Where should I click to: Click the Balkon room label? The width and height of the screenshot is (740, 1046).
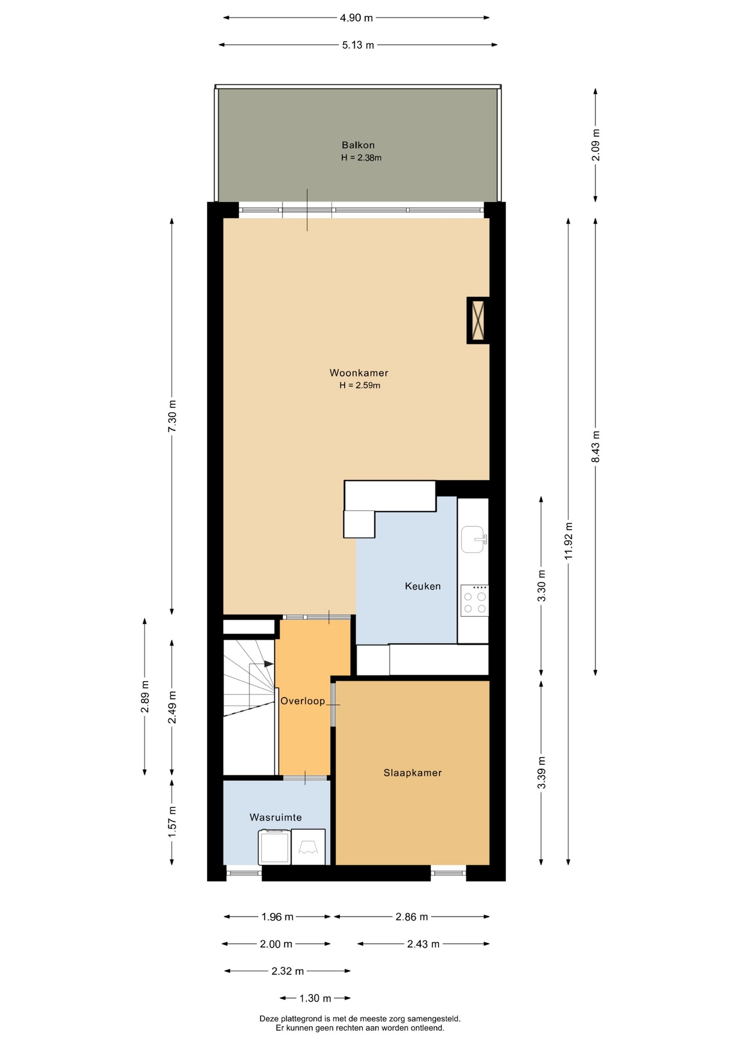(x=358, y=145)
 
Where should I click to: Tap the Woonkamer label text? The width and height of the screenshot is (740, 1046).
(x=359, y=373)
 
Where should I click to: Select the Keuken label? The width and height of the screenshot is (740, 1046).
(x=423, y=586)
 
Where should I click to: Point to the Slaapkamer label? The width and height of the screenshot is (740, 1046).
(x=413, y=773)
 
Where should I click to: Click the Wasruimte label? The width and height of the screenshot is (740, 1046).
(x=276, y=817)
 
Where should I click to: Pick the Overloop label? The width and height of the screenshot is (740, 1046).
(x=302, y=701)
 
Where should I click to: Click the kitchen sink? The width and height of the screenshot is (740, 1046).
(x=474, y=539)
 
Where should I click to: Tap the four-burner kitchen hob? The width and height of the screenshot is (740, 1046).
(x=475, y=601)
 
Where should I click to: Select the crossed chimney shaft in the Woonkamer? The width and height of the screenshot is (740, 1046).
(x=478, y=320)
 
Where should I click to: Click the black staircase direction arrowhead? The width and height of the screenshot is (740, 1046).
(x=269, y=664)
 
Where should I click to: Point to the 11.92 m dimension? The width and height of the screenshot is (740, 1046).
(x=569, y=541)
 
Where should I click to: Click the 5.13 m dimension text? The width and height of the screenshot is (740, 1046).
(x=358, y=45)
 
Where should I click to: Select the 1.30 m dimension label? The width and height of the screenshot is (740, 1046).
(x=315, y=999)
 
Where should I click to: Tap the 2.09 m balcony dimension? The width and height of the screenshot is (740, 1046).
(x=596, y=145)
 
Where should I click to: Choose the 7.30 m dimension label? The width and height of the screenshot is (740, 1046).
(x=172, y=416)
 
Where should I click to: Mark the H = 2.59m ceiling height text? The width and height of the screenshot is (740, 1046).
(x=360, y=386)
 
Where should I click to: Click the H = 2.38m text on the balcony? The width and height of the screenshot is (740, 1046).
(x=361, y=158)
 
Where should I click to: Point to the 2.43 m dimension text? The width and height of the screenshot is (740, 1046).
(x=423, y=944)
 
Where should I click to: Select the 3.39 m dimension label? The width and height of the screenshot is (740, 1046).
(x=542, y=773)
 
